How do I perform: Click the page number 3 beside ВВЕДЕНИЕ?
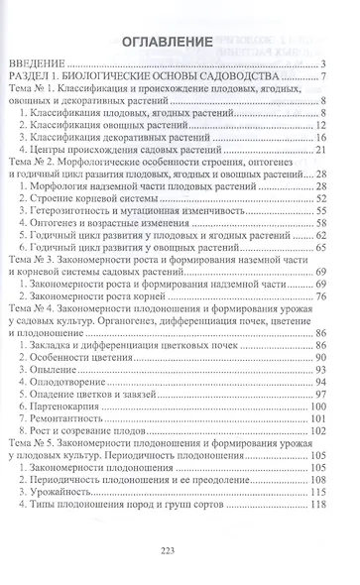pos(324,67)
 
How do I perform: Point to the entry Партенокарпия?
pos(102,404)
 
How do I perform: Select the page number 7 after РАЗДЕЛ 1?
pos(324,82)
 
